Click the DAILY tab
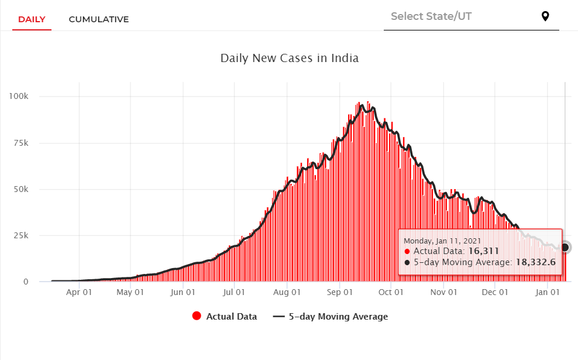[x=32, y=19]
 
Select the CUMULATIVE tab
[x=98, y=19]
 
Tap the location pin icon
[x=545, y=16]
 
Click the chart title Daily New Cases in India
[x=289, y=58]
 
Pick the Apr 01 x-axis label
[x=78, y=292]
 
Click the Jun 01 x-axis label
[x=183, y=292]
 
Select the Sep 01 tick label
[x=339, y=292]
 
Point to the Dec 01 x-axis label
[x=494, y=292]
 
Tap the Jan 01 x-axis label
[x=546, y=292]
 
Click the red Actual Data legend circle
[x=197, y=317]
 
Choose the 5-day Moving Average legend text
[x=338, y=317]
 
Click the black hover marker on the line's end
[x=565, y=247]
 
